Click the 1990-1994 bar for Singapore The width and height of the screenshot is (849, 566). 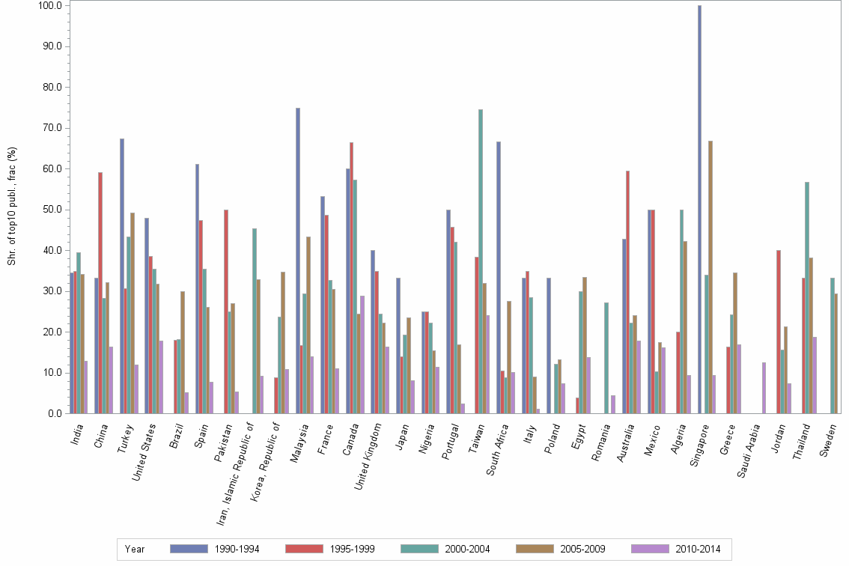click(699, 210)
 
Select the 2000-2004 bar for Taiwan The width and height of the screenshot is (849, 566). click(481, 261)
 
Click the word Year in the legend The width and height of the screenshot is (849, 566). click(135, 549)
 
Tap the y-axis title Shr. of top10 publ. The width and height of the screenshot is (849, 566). click(12, 206)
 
